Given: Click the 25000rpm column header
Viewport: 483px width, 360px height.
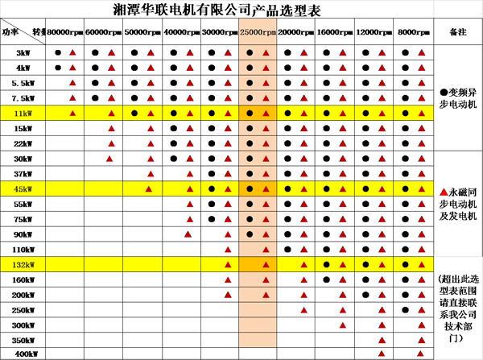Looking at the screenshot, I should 258,32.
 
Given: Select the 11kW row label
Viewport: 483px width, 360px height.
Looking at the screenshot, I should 23,114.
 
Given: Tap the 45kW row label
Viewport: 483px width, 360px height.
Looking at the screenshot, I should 23,189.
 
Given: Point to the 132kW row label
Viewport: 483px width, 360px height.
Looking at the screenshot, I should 23,265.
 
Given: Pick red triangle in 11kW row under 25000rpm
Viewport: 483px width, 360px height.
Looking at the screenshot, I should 266,114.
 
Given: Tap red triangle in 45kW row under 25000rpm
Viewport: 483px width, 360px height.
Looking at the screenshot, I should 266,189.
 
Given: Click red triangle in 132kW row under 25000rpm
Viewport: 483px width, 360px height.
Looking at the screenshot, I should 266,265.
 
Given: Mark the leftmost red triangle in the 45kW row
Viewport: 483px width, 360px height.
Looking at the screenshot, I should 149,189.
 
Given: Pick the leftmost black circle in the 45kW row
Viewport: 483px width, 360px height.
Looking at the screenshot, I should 211,189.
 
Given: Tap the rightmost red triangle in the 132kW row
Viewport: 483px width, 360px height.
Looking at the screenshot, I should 422,265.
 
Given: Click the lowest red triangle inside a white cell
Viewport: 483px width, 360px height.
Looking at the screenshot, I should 344,325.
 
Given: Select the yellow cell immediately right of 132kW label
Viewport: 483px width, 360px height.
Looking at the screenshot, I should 65,265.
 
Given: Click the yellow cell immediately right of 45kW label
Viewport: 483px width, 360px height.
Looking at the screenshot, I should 65,189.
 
